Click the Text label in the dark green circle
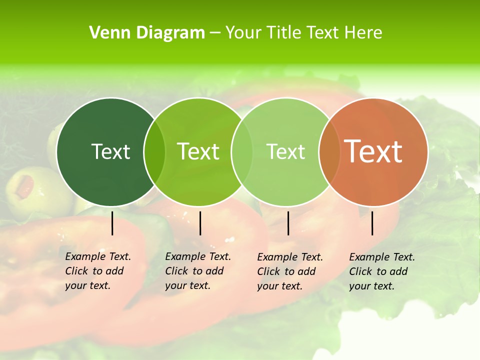coord(110,151)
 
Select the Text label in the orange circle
coord(373,151)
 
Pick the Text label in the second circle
coord(198,151)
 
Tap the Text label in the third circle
coord(286,151)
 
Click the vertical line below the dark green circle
coord(112,223)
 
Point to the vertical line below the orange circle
coord(372,223)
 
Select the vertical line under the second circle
coord(200,223)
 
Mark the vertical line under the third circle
coord(288,223)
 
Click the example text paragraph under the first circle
coord(98,271)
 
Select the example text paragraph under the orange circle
coord(381,271)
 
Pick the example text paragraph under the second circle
coord(198,271)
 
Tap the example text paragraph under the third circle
coord(290,271)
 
